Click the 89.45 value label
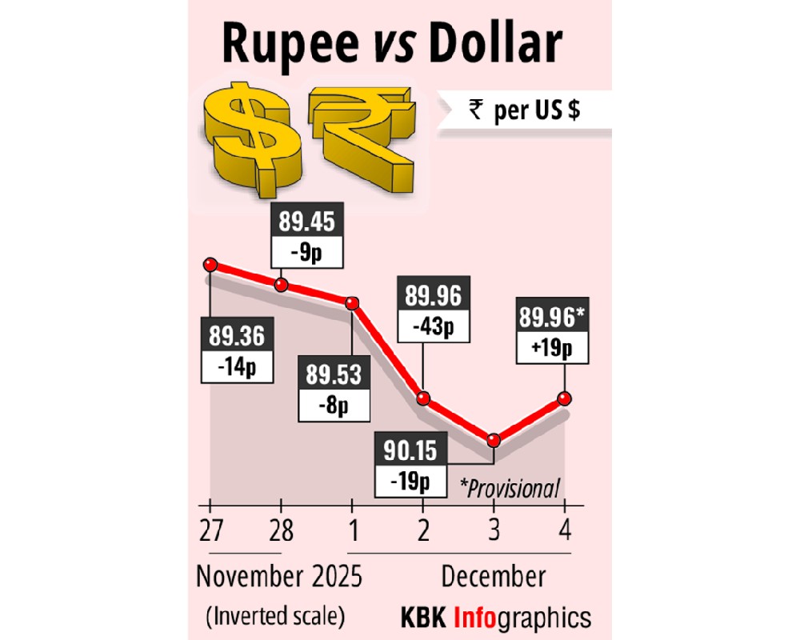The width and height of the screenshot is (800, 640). coord(306,221)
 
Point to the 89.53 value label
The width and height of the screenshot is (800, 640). coord(334,374)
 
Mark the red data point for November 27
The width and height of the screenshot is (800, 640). coord(210,265)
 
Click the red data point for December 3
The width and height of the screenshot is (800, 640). coord(494,440)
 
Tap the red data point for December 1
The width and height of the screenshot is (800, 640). coord(352,302)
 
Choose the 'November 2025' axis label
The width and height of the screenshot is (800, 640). coord(279,576)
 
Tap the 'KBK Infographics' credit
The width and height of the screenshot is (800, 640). coord(495,618)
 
